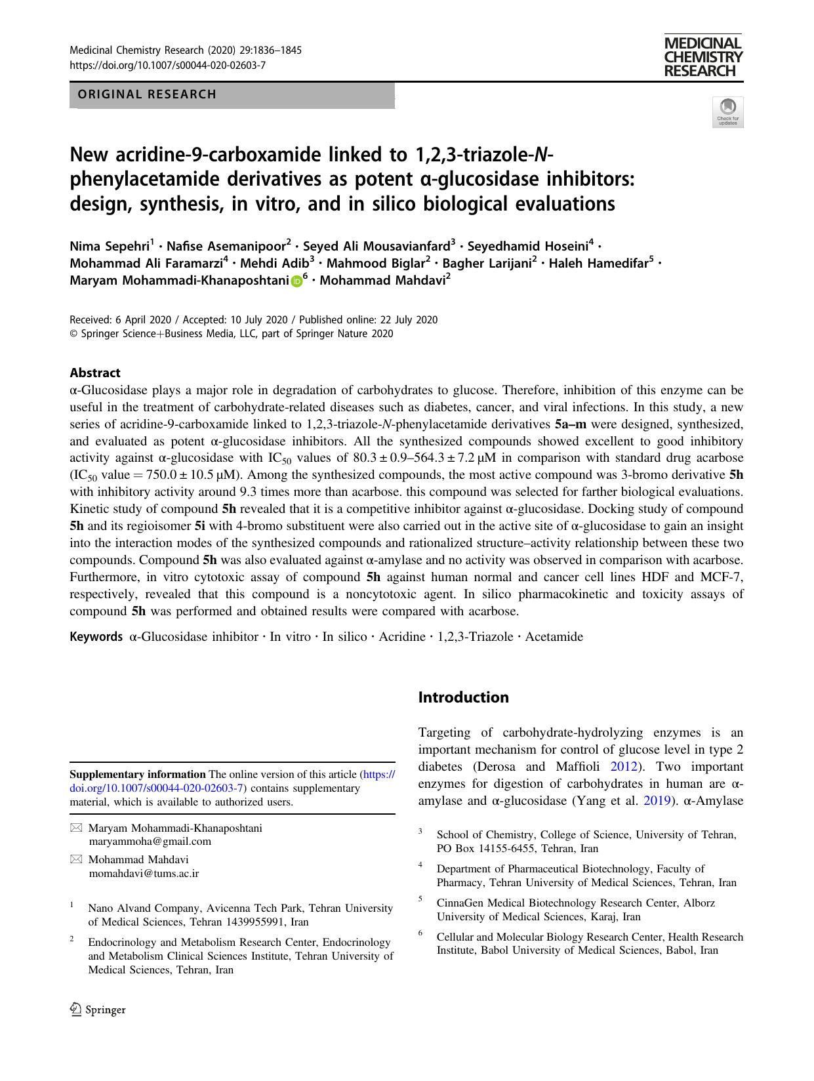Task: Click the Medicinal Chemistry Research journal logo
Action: [702, 57]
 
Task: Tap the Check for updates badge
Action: [727, 111]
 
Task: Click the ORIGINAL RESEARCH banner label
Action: [147, 94]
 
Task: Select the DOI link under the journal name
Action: [167, 65]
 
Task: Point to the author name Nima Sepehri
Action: [110, 247]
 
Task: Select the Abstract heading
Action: [95, 373]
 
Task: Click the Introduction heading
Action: [463, 697]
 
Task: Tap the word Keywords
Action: [96, 636]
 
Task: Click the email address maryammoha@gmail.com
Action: [150, 841]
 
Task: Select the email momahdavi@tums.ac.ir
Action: [144, 873]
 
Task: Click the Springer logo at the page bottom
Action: [98, 1010]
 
